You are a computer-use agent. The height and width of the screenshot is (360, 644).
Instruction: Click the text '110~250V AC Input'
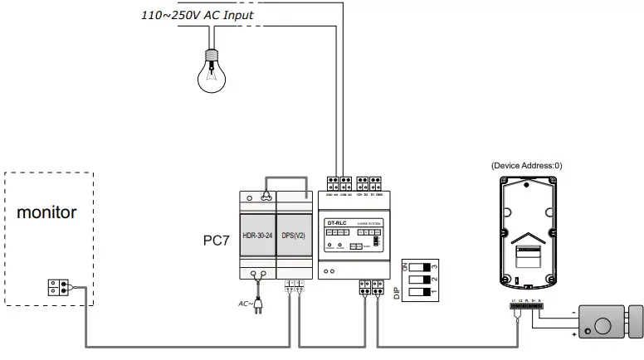(x=198, y=14)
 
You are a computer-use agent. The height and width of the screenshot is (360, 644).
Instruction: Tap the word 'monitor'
(x=47, y=212)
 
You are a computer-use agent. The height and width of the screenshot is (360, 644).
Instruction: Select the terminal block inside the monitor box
(x=58, y=288)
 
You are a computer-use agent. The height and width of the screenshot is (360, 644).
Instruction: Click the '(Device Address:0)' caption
(x=526, y=165)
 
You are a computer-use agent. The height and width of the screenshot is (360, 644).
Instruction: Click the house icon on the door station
(x=526, y=240)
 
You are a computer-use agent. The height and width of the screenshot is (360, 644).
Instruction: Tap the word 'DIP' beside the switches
(x=407, y=293)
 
